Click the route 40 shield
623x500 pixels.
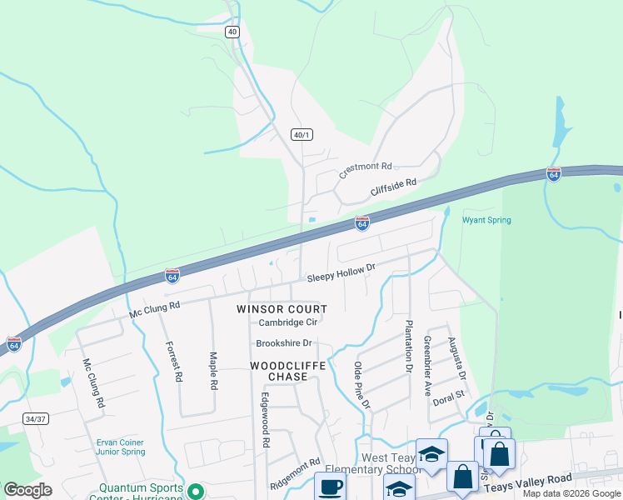tap(232, 32)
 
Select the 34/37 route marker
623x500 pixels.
tap(35, 418)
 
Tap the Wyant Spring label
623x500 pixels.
tap(486, 220)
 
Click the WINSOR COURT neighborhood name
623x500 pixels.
tap(282, 309)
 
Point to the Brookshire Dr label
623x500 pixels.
tap(283, 343)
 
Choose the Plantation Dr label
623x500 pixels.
tap(409, 345)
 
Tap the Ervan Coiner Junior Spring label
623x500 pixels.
tap(119, 447)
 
